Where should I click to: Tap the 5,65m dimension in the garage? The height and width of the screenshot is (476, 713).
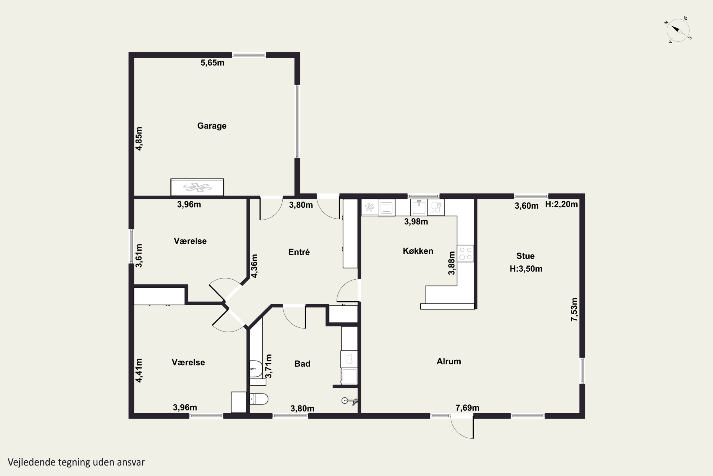pos(212,63)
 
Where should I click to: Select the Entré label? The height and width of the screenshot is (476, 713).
pos(299,252)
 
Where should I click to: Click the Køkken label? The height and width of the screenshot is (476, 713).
pos(418,251)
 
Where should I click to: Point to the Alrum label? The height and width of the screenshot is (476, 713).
pos(449,361)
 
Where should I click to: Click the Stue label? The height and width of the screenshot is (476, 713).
pos(525,256)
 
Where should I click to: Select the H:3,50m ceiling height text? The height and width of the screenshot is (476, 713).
pos(526,269)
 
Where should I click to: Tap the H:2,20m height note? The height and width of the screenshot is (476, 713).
pos(561,204)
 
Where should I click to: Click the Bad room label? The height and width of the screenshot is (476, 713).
pos(302,364)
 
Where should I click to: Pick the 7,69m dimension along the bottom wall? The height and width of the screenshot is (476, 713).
pos(467,408)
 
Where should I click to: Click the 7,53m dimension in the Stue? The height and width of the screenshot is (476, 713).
pos(574,309)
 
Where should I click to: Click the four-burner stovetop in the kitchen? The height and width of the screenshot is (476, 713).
pos(465,253)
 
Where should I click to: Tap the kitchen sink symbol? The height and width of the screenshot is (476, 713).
pos(419,207)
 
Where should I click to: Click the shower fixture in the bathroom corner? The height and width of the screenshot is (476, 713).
pos(350,401)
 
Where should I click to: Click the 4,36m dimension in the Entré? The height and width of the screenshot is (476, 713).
pos(254,266)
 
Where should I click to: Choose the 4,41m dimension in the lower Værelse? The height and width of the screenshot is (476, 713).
pos(139,370)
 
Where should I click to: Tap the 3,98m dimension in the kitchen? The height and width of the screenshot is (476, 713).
pos(416,222)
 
